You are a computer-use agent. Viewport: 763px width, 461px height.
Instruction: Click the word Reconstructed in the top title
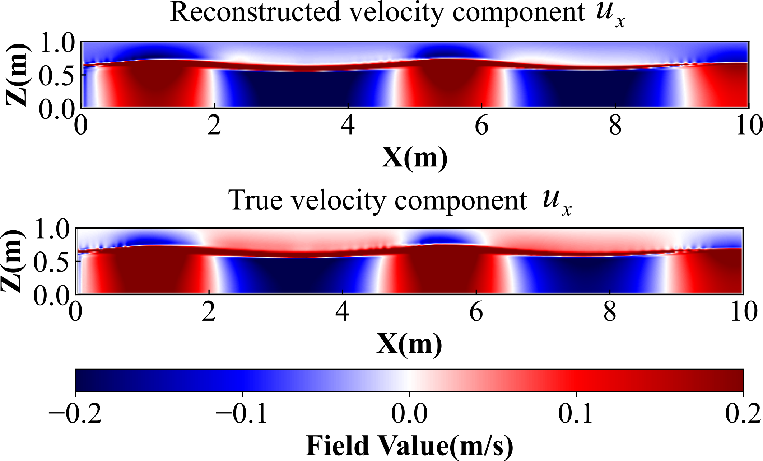[255, 13]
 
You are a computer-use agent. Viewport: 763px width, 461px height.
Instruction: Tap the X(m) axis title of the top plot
[414, 157]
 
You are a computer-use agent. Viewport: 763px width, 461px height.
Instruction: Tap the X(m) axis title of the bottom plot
[409, 344]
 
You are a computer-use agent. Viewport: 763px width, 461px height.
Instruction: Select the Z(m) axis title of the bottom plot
[12, 261]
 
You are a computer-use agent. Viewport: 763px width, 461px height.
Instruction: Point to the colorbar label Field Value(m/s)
[409, 446]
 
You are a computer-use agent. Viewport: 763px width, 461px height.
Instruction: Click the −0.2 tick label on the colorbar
[75, 414]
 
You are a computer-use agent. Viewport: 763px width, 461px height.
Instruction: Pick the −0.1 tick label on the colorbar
[242, 414]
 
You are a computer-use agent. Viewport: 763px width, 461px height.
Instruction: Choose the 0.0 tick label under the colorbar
[409, 414]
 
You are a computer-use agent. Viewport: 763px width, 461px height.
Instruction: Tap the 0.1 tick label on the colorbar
[576, 414]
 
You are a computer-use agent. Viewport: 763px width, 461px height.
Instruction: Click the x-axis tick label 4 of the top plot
[348, 126]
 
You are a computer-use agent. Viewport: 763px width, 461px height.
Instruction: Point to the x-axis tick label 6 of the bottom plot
[476, 312]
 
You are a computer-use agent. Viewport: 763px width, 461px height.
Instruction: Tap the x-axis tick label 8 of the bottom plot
[610, 312]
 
